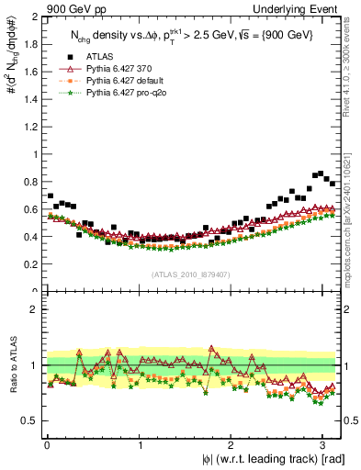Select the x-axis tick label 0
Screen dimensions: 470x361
[45, 444]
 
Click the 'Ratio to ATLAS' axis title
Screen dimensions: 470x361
[11, 364]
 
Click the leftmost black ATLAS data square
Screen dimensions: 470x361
[50, 196]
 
